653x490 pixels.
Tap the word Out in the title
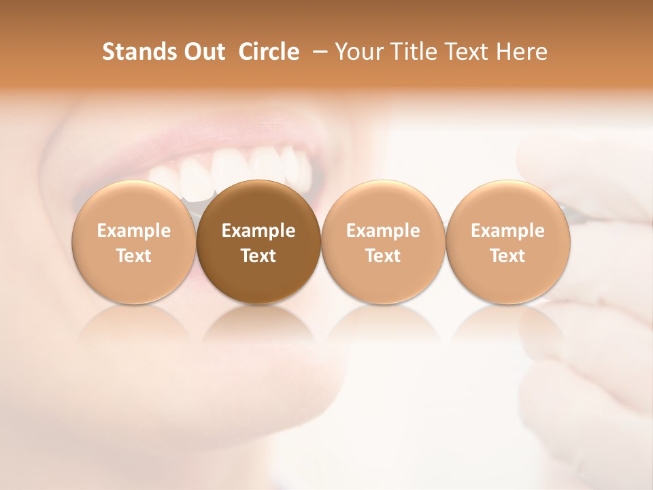[203, 52]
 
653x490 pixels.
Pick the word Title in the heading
[412, 52]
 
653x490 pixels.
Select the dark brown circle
[258, 204]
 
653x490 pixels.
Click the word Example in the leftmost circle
[134, 231]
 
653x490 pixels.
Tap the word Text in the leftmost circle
[134, 256]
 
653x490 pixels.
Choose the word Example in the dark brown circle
[258, 231]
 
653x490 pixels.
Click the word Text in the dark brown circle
[258, 256]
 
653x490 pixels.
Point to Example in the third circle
[383, 231]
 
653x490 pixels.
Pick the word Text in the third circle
[383, 256]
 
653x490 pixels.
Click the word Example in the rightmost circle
[507, 231]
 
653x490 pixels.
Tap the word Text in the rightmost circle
[507, 256]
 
